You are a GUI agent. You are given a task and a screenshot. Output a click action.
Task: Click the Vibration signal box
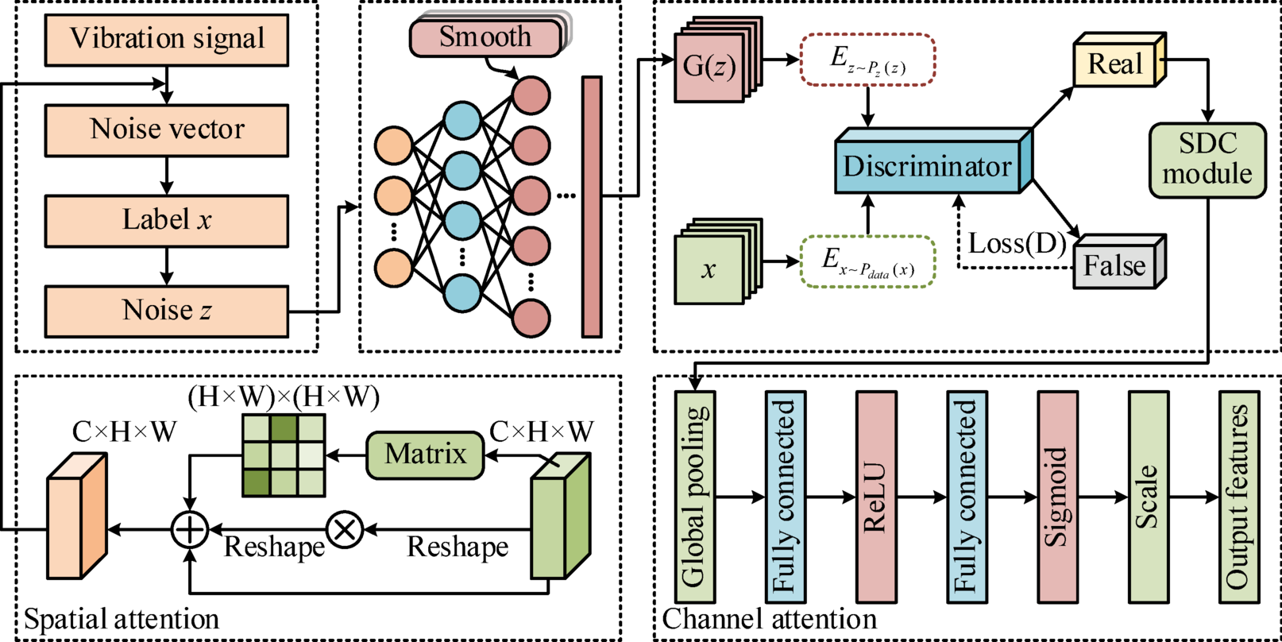167,39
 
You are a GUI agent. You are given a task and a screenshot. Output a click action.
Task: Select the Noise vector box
167,130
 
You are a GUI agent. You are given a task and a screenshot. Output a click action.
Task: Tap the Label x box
167,220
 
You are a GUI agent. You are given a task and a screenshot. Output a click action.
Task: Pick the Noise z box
167,311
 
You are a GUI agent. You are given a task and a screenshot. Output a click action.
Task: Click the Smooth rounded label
485,37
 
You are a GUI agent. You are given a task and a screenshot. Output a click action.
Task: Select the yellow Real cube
1115,64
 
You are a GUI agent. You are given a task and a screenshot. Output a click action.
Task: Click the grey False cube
1115,265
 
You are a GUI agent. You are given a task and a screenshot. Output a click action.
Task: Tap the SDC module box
1207,160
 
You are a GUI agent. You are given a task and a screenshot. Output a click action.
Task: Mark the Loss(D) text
1016,244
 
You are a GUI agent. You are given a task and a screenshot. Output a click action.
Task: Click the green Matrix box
425,455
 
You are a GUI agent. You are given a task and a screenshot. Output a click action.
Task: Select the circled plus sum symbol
190,529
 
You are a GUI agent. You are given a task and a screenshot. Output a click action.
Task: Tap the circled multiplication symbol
346,529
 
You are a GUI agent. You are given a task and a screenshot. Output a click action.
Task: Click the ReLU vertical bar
876,497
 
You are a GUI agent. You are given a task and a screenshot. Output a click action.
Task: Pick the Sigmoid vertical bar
1057,497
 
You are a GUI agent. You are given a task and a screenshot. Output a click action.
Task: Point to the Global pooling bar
695,497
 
